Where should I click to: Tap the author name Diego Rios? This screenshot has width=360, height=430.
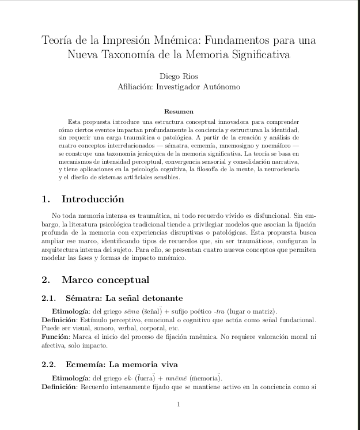179,76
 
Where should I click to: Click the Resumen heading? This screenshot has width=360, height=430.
179,111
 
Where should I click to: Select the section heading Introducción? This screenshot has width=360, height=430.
93,199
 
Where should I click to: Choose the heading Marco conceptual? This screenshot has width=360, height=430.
105,280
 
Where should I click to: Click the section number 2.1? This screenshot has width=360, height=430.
50,298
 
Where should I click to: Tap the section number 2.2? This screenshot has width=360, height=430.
50,364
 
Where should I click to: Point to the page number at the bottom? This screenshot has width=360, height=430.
179,405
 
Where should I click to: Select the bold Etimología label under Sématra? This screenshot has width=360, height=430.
73,311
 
